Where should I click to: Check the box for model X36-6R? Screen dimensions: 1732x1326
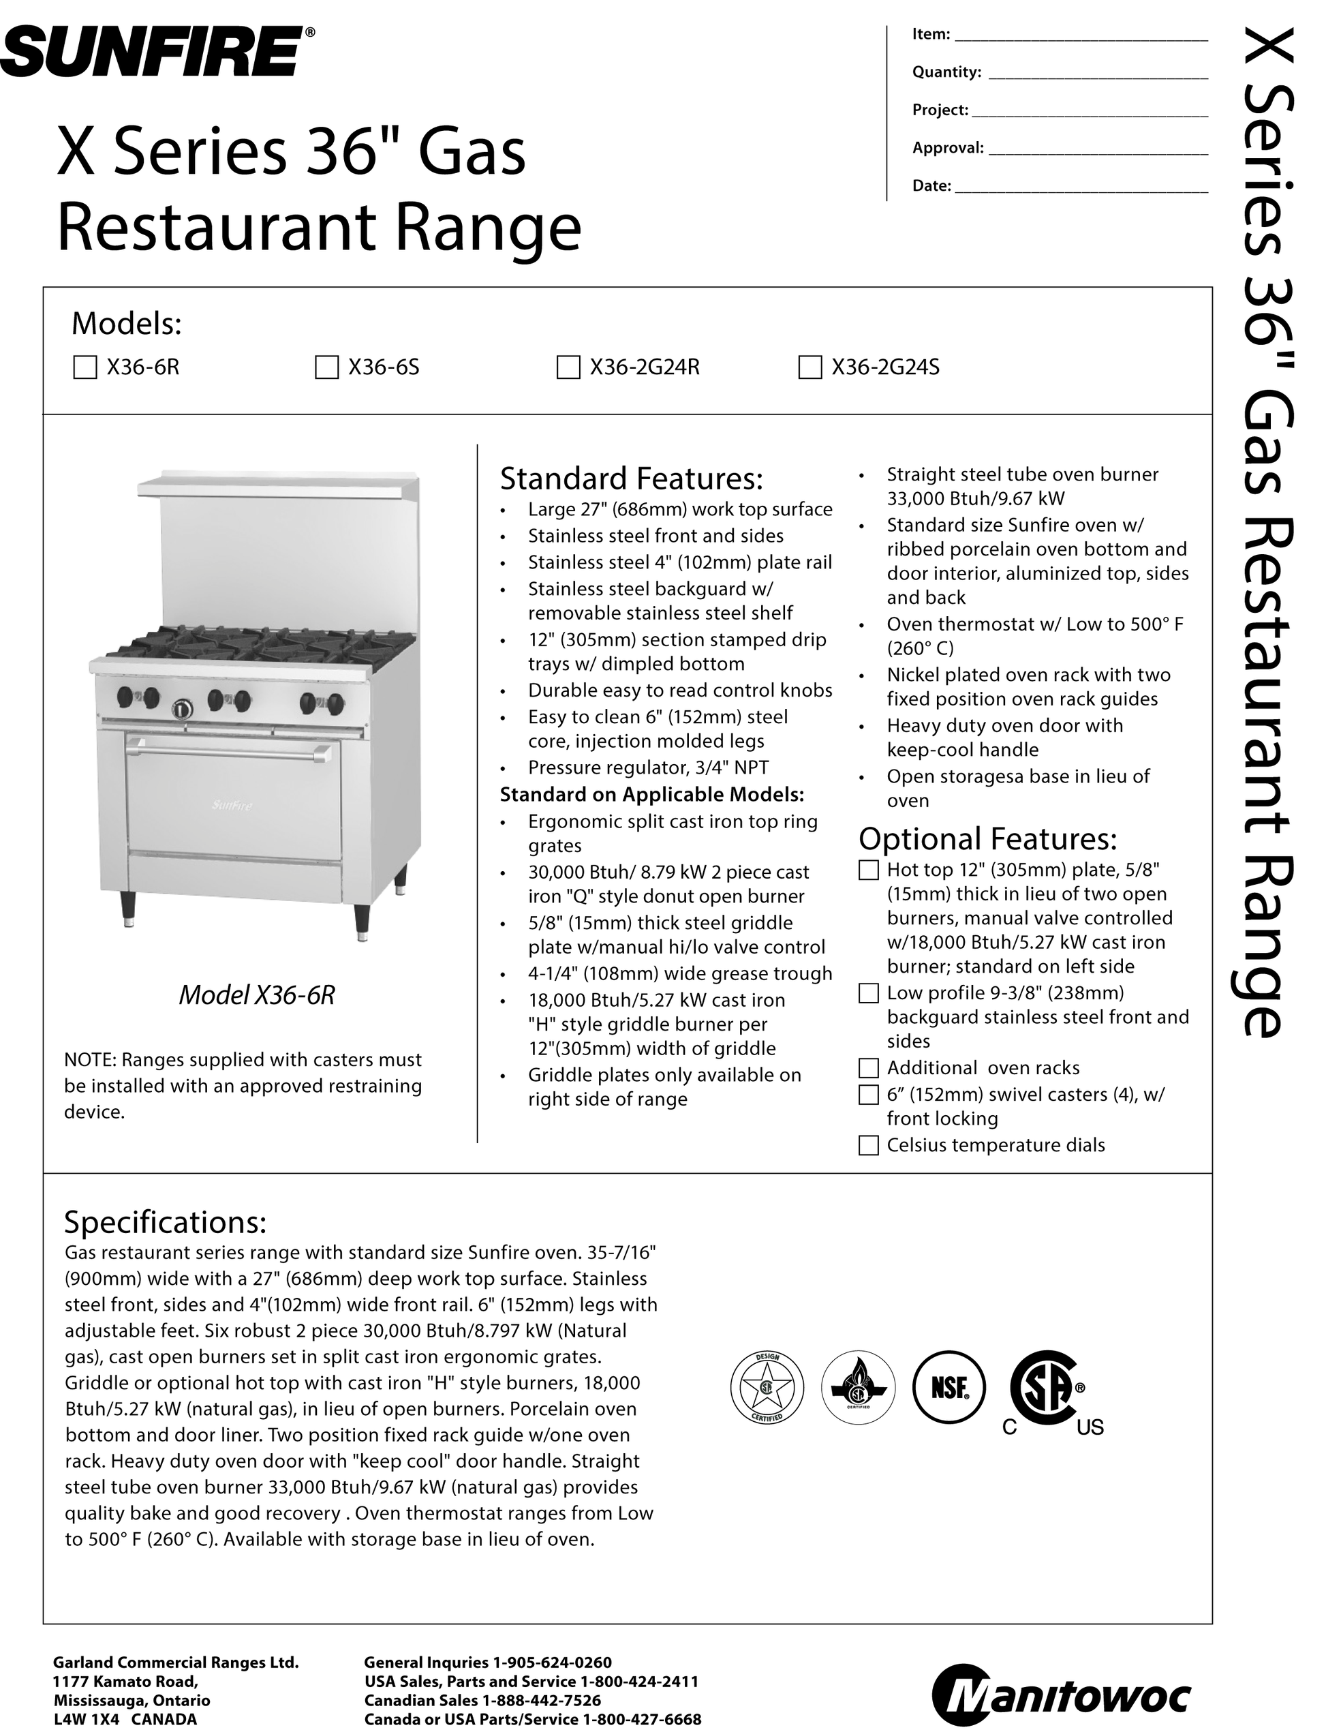pyautogui.click(x=84, y=368)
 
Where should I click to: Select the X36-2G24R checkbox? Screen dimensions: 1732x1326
pyautogui.click(x=568, y=368)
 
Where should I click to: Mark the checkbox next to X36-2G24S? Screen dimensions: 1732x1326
pyautogui.click(x=810, y=368)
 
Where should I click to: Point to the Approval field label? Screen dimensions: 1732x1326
pyautogui.click(x=947, y=148)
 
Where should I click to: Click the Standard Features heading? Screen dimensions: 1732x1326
pyautogui.click(x=632, y=478)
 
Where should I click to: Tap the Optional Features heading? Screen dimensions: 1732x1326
pyautogui.click(x=987, y=838)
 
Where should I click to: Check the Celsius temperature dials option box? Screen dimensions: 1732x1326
pyautogui.click(x=868, y=1145)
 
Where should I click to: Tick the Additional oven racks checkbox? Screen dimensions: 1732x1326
pyautogui.click(x=868, y=1068)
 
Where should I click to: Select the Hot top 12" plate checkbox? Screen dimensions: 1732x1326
pyautogui.click(x=868, y=870)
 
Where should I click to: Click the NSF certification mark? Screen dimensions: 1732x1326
pyautogui.click(x=949, y=1388)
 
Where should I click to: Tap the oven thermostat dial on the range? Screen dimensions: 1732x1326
pyautogui.click(x=181, y=708)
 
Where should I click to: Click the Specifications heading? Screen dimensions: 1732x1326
pyautogui.click(x=165, y=1222)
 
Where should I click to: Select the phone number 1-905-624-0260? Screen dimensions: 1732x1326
pyautogui.click(x=552, y=1662)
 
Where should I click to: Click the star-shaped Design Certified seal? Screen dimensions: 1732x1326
pyautogui.click(x=767, y=1388)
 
